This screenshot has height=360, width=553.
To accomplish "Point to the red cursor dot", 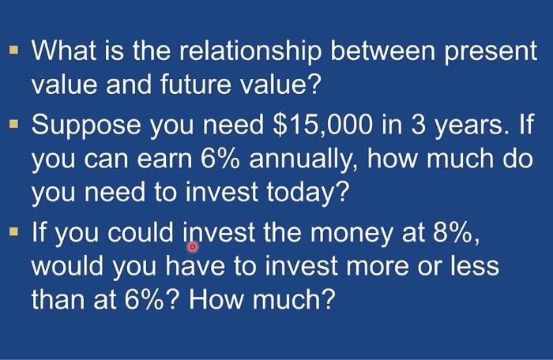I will (192, 247).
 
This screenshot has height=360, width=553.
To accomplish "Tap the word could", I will (141, 233).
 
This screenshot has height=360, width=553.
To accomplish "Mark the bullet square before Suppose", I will (13, 124).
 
